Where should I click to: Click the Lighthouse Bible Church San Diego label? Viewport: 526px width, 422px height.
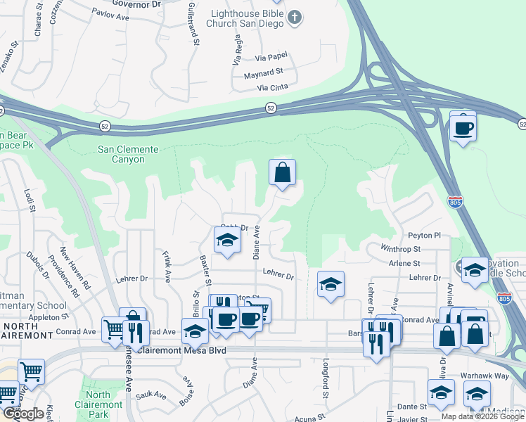coord(245,18)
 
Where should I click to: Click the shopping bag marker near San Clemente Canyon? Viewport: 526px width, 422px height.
coord(282,172)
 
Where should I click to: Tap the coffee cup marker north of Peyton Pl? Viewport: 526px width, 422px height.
coord(463,128)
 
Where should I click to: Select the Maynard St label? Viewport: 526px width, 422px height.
coord(263,72)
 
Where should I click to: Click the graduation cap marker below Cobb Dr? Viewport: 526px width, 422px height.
coord(226,240)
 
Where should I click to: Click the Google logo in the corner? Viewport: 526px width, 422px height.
coord(23,414)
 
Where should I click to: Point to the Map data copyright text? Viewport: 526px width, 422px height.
coord(482,416)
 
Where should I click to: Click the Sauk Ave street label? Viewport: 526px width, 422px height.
coord(150,397)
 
